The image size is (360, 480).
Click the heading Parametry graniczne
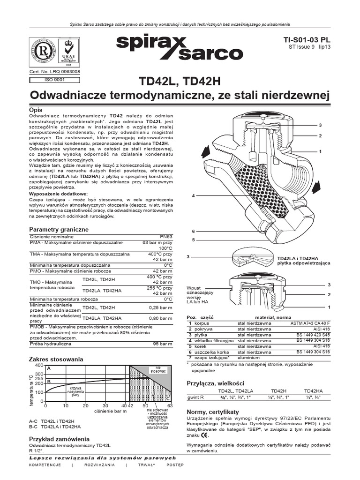tap(59, 229)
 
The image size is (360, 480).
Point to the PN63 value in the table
tap(166, 237)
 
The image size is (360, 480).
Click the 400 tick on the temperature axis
tap(39, 365)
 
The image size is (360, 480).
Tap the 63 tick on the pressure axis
tap(170, 405)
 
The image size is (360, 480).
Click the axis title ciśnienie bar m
tap(111, 411)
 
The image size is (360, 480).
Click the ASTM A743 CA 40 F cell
tap(310, 323)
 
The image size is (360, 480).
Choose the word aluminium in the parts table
tap(249, 358)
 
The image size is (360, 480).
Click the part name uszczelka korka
tap(209, 352)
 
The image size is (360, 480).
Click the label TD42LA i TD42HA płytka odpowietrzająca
tap(303, 261)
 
